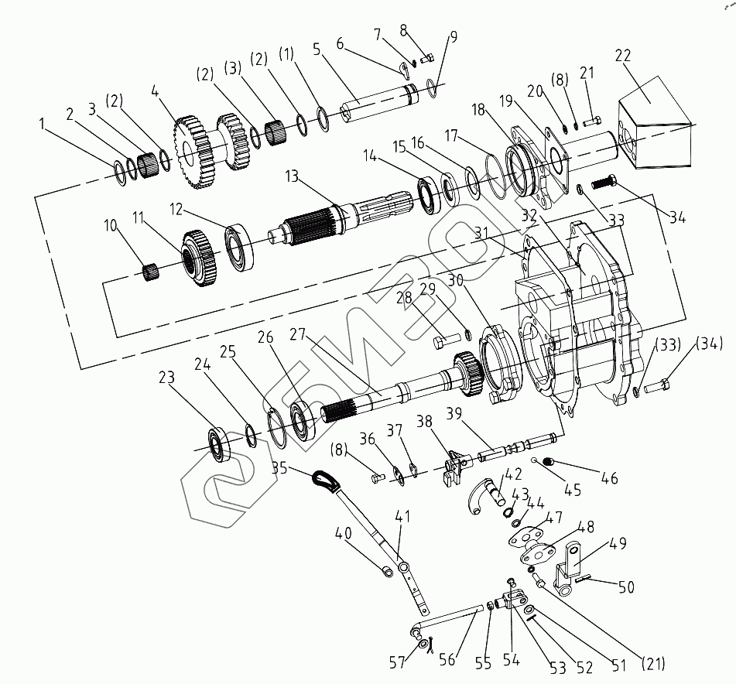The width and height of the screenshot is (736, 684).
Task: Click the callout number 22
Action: pyautogui.click(x=623, y=56)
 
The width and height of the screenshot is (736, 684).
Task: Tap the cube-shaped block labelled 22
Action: pyautogui.click(x=655, y=122)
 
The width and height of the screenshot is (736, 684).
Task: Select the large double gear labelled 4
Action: pyautogui.click(x=211, y=150)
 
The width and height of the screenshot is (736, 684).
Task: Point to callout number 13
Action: pyautogui.click(x=292, y=176)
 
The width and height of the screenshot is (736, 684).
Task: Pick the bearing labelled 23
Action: pyautogui.click(x=219, y=443)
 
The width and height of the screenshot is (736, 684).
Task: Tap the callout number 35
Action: pyautogui.click(x=279, y=467)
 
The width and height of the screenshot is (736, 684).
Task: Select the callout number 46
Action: pyautogui.click(x=609, y=478)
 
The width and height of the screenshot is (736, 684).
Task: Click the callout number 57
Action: pyautogui.click(x=397, y=662)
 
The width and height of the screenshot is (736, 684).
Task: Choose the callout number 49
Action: pyautogui.click(x=618, y=543)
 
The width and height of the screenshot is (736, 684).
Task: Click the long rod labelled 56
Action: pyautogui.click(x=448, y=618)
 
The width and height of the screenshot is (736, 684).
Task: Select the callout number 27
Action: pyautogui.click(x=297, y=334)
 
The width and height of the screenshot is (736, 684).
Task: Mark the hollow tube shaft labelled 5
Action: pyautogui.click(x=378, y=103)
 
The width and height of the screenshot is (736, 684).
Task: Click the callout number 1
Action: pyautogui.click(x=42, y=124)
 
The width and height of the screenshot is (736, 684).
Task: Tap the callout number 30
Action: pyautogui.click(x=455, y=280)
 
